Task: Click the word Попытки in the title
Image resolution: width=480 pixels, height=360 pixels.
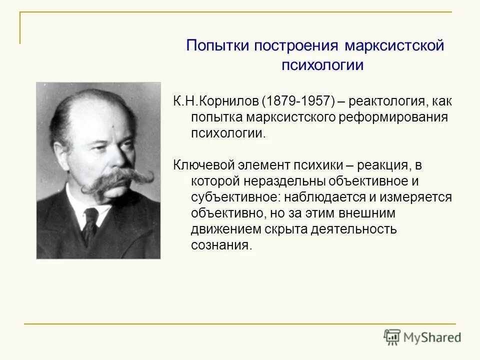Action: point(218,46)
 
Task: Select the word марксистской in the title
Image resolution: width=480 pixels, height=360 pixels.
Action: point(394,46)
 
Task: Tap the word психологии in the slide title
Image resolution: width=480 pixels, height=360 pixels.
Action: point(315,65)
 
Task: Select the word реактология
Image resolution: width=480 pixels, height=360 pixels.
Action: point(381,101)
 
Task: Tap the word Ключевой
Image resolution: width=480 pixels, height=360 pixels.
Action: point(205,165)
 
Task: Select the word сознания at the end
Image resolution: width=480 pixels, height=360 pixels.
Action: point(219,245)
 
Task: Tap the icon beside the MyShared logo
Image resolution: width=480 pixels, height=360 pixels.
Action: point(392,337)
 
